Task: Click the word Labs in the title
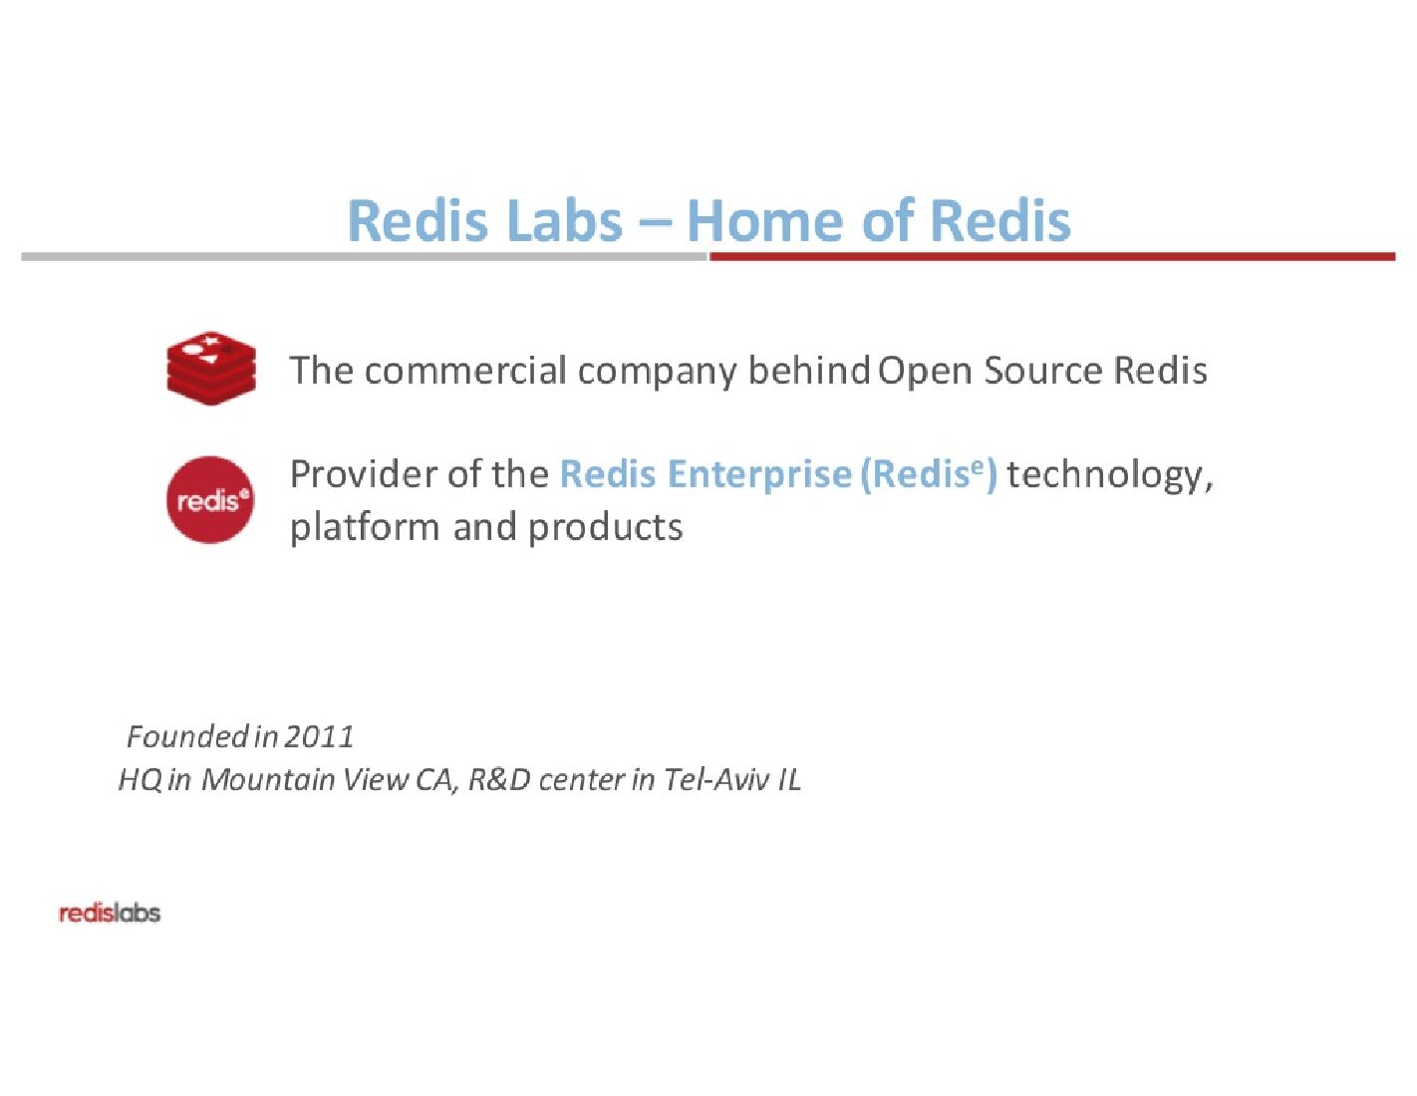565,220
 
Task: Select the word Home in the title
766,220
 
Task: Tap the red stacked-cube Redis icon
211,369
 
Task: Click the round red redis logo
209,499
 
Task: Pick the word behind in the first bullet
808,371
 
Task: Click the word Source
1043,371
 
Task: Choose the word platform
364,527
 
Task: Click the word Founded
187,736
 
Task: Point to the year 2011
319,736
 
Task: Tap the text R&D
498,778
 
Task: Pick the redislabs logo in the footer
110,913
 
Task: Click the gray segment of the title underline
364,257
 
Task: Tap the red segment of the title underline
1051,257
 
